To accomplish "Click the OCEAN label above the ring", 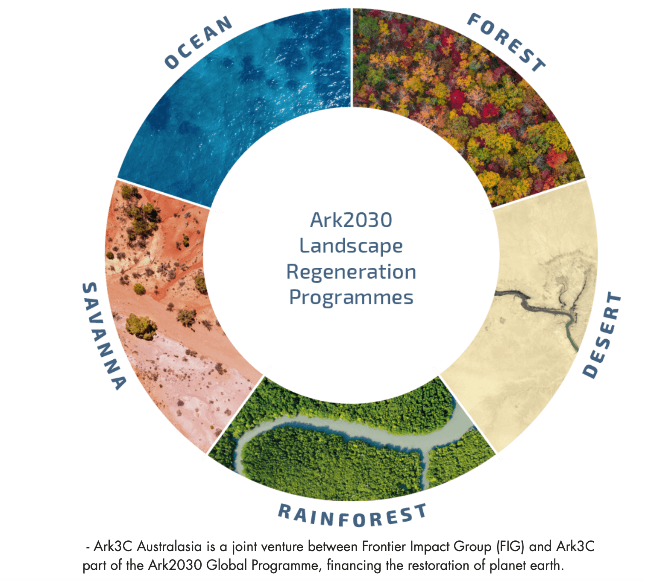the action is tap(198, 42).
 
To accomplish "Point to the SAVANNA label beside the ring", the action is tap(103, 336).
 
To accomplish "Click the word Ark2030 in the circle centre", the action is tap(351, 220).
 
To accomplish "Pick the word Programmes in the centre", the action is tap(351, 298).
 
